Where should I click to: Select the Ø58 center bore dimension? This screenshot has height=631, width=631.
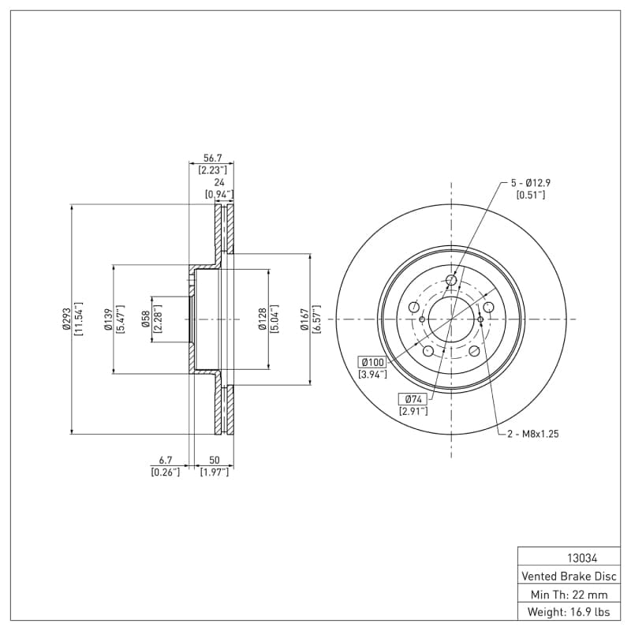coord(146,319)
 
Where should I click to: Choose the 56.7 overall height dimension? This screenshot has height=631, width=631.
coord(212,158)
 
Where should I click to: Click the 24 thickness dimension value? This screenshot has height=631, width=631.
coord(218,182)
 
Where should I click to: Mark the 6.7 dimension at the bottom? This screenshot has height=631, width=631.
coord(165,459)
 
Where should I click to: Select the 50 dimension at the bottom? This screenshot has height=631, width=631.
coord(214,459)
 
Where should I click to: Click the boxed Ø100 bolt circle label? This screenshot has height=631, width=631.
coord(372,361)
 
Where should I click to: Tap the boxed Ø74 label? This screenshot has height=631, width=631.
coord(413,398)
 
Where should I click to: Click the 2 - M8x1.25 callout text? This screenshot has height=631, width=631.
coord(532,434)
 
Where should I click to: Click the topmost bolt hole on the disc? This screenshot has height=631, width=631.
coord(451,280)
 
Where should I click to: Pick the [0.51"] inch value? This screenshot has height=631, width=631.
coord(530,195)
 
